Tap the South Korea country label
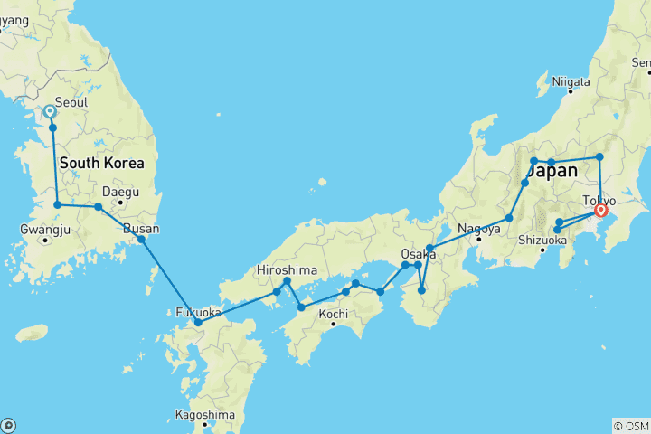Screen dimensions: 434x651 (101, 164)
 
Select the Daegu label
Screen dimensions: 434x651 (120, 192)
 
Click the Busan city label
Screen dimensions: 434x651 (141, 229)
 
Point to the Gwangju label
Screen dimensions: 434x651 (44, 229)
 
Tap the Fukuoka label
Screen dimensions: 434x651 (198, 313)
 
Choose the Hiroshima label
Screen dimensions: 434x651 (287, 269)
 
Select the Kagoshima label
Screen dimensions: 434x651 (205, 415)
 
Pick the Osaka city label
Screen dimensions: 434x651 (419, 254)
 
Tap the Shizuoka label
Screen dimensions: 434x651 (543, 240)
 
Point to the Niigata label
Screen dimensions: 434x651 (571, 81)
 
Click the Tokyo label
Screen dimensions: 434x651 (599, 200)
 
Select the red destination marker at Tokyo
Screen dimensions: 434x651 (599, 212)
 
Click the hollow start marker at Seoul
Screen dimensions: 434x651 (50, 111)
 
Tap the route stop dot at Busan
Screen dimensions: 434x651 (141, 240)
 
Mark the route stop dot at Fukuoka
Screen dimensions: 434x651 (198, 322)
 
